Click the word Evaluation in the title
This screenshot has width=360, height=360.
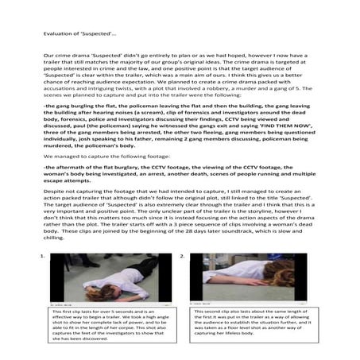pyautogui.click(x=56, y=35)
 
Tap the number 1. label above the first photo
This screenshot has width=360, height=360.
pyautogui.click(x=42, y=257)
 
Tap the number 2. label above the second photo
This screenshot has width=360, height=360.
pyautogui.click(x=184, y=257)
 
